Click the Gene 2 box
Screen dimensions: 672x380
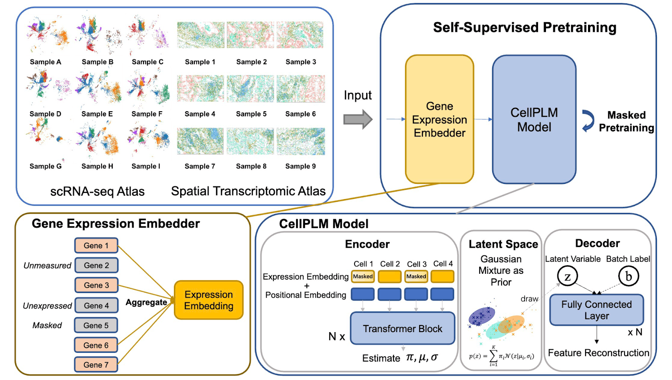96,265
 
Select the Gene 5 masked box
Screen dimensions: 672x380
96,325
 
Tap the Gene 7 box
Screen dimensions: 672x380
96,364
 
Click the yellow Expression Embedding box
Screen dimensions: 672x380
208,300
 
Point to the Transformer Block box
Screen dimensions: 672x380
403,328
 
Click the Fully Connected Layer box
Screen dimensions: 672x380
597,310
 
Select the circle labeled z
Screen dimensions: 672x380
567,276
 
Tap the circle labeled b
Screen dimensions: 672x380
628,276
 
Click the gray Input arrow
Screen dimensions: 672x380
358,119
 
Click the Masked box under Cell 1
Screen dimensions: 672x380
363,277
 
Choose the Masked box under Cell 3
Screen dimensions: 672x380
416,277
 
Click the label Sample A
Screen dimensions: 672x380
46,62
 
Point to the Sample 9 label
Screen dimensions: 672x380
301,166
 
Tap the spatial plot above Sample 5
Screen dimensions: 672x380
250,89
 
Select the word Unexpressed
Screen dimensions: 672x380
47,306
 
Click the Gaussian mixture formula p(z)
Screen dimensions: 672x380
501,356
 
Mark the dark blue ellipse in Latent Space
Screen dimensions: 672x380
481,316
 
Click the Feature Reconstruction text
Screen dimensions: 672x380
598,353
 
